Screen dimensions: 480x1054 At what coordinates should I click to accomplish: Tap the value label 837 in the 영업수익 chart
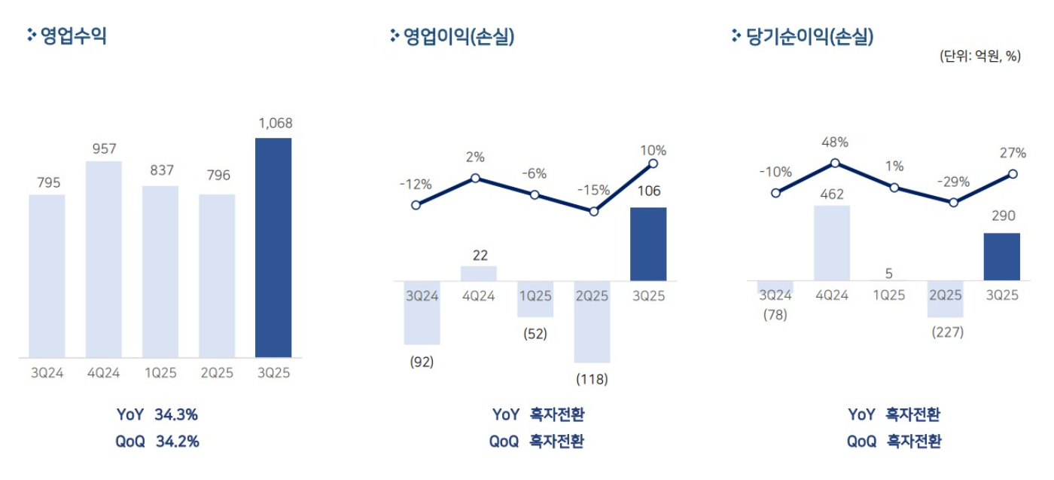coord(160,170)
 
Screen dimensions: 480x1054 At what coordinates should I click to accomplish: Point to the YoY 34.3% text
coord(157,414)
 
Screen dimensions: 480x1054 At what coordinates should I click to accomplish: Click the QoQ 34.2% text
coord(157,442)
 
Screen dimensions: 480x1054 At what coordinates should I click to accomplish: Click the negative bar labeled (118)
coord(592,322)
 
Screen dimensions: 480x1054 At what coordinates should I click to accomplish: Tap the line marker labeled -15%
coord(594,212)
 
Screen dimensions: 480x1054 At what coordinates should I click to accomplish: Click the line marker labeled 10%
coord(653,164)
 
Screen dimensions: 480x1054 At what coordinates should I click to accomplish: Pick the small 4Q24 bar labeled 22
coord(479,274)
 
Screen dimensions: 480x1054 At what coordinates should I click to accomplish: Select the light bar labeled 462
coord(832,243)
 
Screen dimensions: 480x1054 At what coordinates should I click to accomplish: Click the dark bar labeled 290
coord(1002,257)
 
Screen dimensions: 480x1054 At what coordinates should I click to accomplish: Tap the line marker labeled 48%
coord(835,163)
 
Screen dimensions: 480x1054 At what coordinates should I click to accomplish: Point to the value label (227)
coord(947,332)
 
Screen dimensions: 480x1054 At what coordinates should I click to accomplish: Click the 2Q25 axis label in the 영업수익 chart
coord(217,372)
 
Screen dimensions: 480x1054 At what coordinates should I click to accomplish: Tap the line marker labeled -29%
coord(954,202)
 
